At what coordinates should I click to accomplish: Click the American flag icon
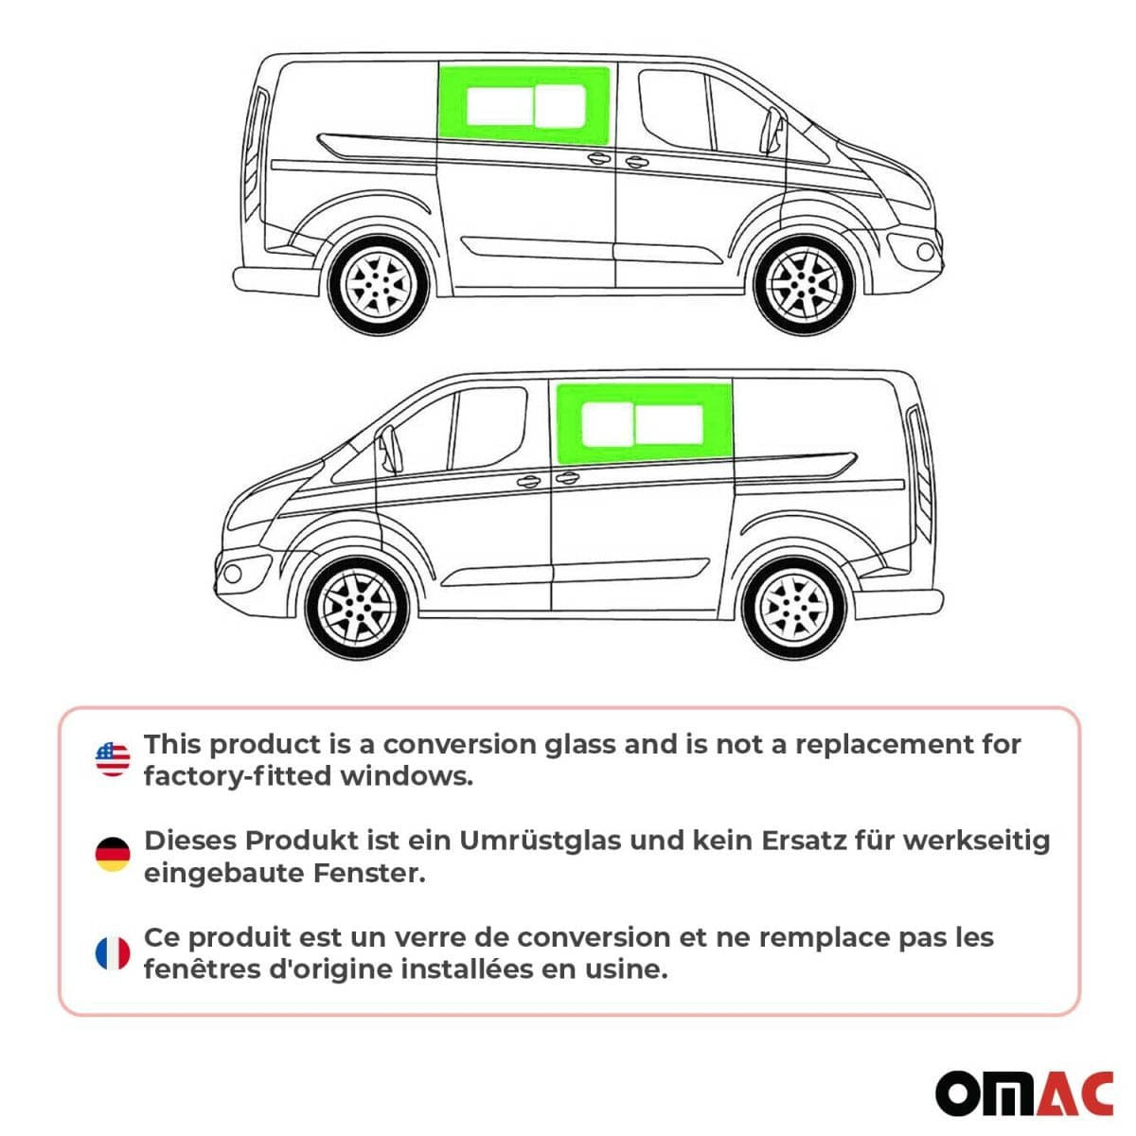[x=113, y=759]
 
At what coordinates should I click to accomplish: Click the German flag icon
[x=113, y=855]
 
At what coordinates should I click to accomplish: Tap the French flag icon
[x=113, y=952]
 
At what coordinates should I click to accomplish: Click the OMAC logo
[x=1023, y=1093]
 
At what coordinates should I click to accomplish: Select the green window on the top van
[x=524, y=104]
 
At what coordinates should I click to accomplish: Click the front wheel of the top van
[x=804, y=284]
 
